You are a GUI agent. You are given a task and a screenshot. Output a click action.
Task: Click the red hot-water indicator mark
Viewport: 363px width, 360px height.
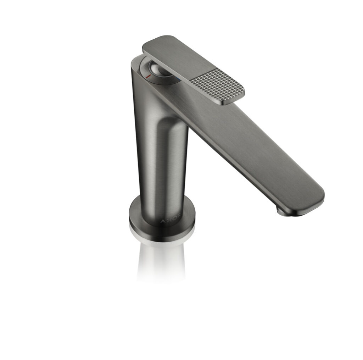click(x=149, y=76)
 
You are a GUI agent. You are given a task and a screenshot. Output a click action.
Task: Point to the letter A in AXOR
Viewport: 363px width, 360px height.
click(x=163, y=221)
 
